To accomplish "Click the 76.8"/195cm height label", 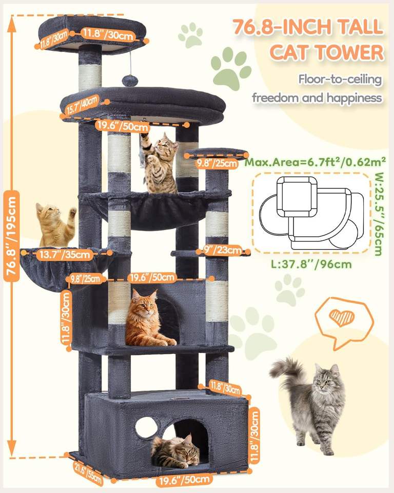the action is pyautogui.click(x=11, y=236).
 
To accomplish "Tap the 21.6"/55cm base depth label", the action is pyautogui.click(x=88, y=473).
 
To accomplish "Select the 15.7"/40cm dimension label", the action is pyautogui.click(x=82, y=106).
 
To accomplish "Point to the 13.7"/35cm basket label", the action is pyautogui.click(x=65, y=254).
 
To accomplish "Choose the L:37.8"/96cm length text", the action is pyautogui.click(x=311, y=264).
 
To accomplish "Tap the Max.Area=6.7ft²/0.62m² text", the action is pyautogui.click(x=315, y=162).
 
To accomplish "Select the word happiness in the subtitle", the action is pyautogui.click(x=354, y=98).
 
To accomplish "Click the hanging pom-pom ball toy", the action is pyautogui.click(x=128, y=81).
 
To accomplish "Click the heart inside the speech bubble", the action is pyautogui.click(x=342, y=317).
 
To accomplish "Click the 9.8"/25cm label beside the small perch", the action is pyautogui.click(x=217, y=163).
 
